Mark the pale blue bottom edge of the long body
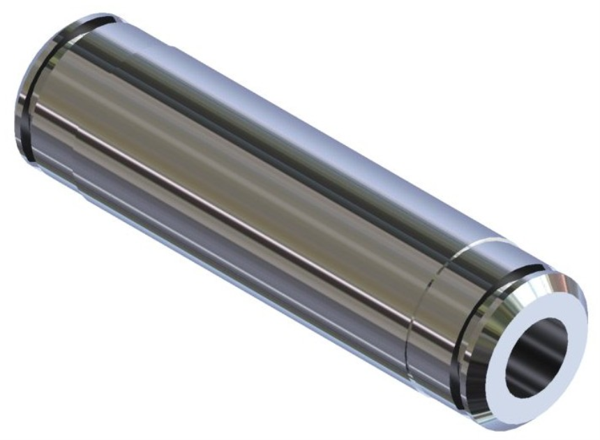coord(244,293)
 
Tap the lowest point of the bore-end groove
coord(466,404)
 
